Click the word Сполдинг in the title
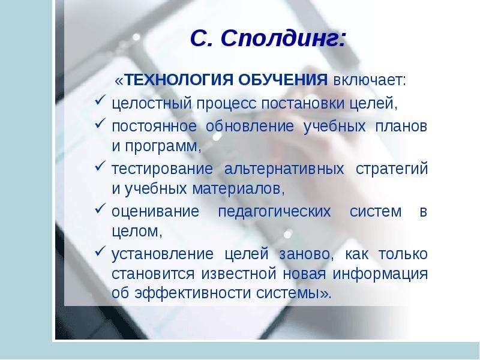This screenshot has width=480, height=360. tap(283, 40)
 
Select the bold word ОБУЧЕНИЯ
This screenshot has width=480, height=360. tap(283, 80)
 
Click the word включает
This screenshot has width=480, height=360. tap(369, 80)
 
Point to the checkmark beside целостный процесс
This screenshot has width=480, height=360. tap(100, 100)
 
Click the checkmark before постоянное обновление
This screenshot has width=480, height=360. tap(100, 124)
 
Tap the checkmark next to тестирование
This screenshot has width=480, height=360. tap(100, 166)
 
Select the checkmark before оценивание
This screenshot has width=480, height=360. tap(100, 209)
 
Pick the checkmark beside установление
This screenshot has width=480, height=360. tap(100, 251)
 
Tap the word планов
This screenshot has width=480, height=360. tap(401, 127)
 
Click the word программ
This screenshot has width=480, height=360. tap(163, 147)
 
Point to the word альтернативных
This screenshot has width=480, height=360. tap(284, 169)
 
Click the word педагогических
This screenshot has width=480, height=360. tap(274, 212)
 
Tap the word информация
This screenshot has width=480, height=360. tap(380, 274)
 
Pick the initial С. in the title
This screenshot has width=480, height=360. tap(202, 39)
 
